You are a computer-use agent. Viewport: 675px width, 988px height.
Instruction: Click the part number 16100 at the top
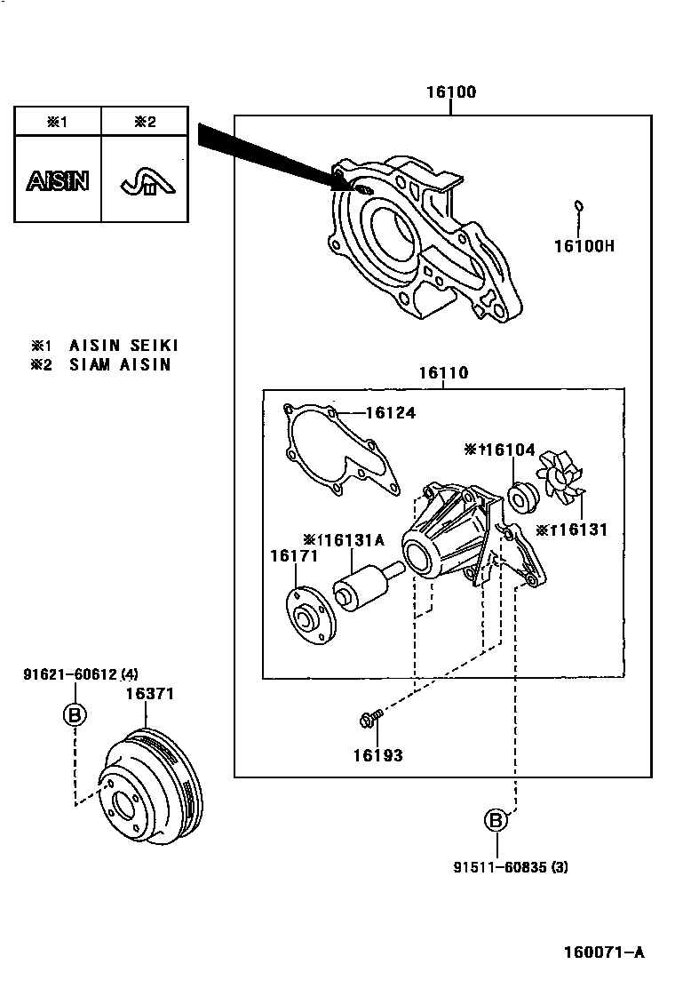(450, 92)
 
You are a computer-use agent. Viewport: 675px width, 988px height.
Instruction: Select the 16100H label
(584, 245)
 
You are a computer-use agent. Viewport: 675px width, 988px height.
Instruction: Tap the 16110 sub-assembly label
(444, 373)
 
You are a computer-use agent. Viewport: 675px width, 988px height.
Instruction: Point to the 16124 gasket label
(390, 413)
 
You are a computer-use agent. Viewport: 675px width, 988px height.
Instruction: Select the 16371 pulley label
(149, 694)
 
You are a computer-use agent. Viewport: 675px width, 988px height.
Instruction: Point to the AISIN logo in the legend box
(58, 181)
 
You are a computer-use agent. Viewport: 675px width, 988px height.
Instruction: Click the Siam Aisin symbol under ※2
(146, 182)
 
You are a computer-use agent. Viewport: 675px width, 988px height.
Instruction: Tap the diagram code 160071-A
(603, 953)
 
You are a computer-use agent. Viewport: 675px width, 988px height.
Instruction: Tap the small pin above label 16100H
(578, 207)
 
